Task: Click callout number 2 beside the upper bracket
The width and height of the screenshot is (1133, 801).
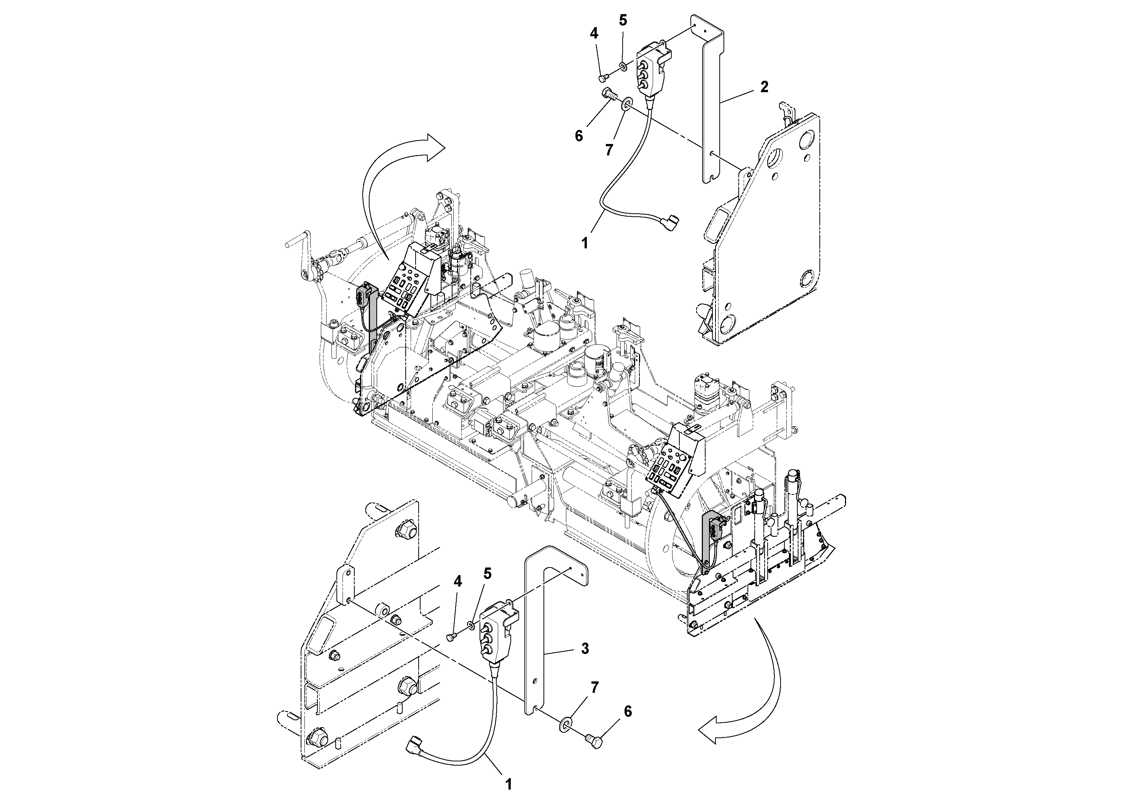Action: coord(764,87)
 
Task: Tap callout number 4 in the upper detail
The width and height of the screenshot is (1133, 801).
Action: coord(594,34)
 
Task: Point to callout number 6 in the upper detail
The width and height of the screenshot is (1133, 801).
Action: coord(579,135)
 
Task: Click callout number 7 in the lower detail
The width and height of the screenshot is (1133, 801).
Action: coord(594,687)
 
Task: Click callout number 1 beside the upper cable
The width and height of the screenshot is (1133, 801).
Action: coord(585,243)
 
